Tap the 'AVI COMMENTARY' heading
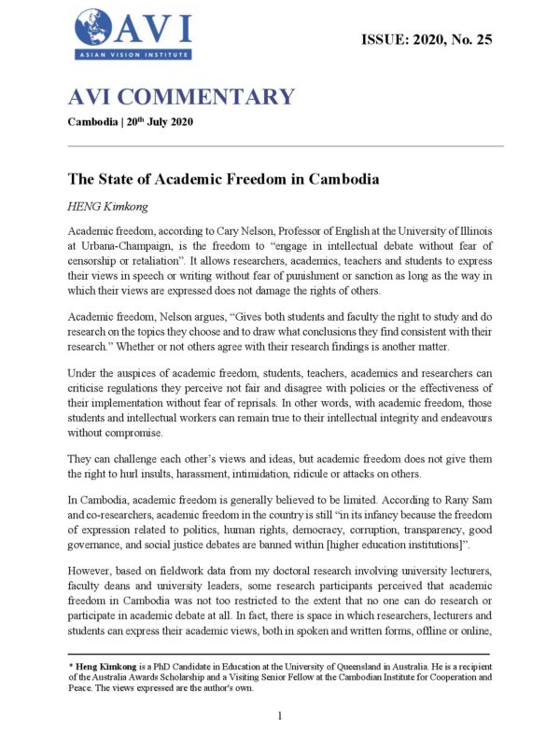181,97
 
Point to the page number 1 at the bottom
280,715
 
